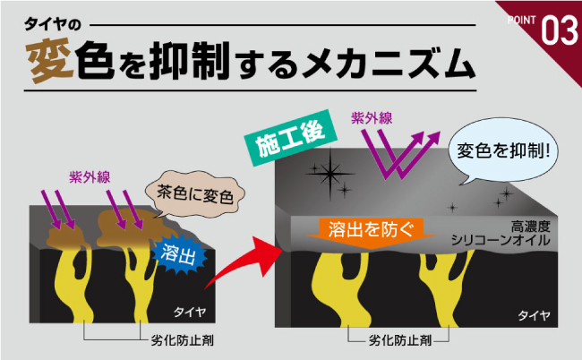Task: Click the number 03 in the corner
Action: point(560,30)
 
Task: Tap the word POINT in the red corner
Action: point(521,20)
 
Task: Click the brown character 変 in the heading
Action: point(49,61)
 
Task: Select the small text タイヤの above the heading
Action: point(52,24)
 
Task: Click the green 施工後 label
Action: point(291,138)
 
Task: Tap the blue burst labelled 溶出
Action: point(179,253)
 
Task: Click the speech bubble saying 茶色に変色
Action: point(194,194)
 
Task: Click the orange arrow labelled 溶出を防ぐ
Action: point(371,233)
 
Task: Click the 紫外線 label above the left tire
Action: point(90,177)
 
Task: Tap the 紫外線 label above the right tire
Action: point(372,118)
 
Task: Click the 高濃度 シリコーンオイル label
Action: point(500,233)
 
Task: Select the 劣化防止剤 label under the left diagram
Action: point(183,340)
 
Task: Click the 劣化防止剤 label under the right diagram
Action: point(400,340)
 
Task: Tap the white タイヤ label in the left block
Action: point(190,313)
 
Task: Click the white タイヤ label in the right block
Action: point(534,315)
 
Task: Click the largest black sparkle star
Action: point(330,173)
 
